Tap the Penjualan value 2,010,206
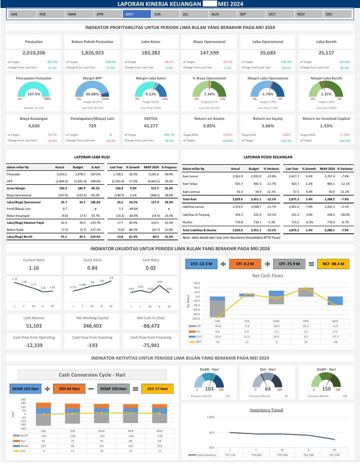[x=34, y=52]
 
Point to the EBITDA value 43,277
[x=151, y=126]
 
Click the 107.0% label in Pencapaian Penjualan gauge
[x=34, y=94]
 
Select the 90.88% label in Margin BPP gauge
[x=93, y=94]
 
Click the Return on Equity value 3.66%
[x=268, y=126]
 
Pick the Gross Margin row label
[x=16, y=188]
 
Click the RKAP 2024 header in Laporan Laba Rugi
[x=152, y=167]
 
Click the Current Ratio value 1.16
[x=34, y=268]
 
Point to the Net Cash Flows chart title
[x=267, y=275]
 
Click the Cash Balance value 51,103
[x=34, y=326]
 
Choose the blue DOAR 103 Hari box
[x=25, y=388]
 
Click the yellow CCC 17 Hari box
[x=157, y=388]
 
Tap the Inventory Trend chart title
[x=267, y=410]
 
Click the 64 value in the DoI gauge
[x=268, y=389]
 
